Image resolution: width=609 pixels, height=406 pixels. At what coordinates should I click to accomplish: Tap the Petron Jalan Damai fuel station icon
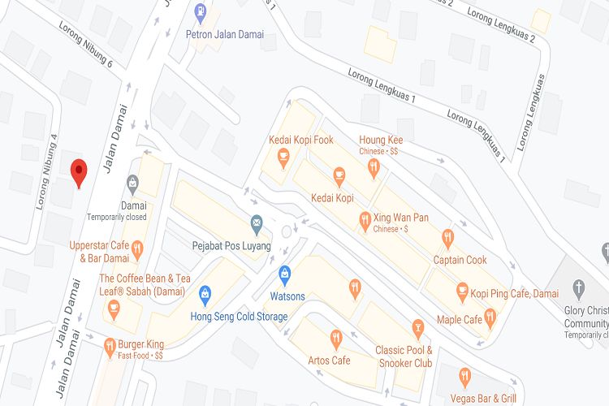click(201, 13)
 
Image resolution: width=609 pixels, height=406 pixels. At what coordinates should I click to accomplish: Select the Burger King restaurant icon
click(110, 348)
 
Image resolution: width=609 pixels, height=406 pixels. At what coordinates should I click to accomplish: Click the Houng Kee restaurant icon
click(374, 168)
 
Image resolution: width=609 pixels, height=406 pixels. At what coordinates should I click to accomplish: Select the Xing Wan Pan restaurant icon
click(365, 219)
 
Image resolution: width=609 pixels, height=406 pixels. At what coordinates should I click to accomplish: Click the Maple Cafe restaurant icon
click(490, 316)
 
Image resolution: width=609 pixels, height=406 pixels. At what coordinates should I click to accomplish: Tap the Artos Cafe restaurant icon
click(336, 338)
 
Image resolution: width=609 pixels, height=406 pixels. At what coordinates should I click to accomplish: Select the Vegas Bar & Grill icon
click(464, 376)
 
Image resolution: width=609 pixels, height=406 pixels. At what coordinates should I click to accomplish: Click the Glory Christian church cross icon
click(579, 287)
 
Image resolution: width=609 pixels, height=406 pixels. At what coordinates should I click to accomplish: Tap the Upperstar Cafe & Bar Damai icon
click(137, 248)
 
